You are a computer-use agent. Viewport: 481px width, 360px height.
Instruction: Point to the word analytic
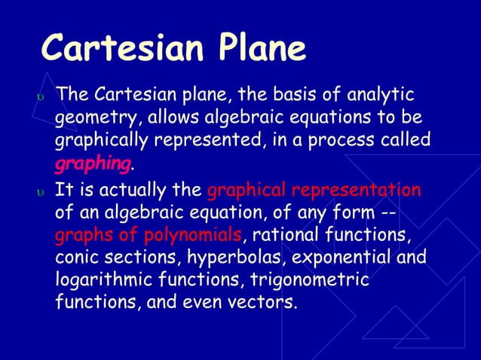[378, 95]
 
